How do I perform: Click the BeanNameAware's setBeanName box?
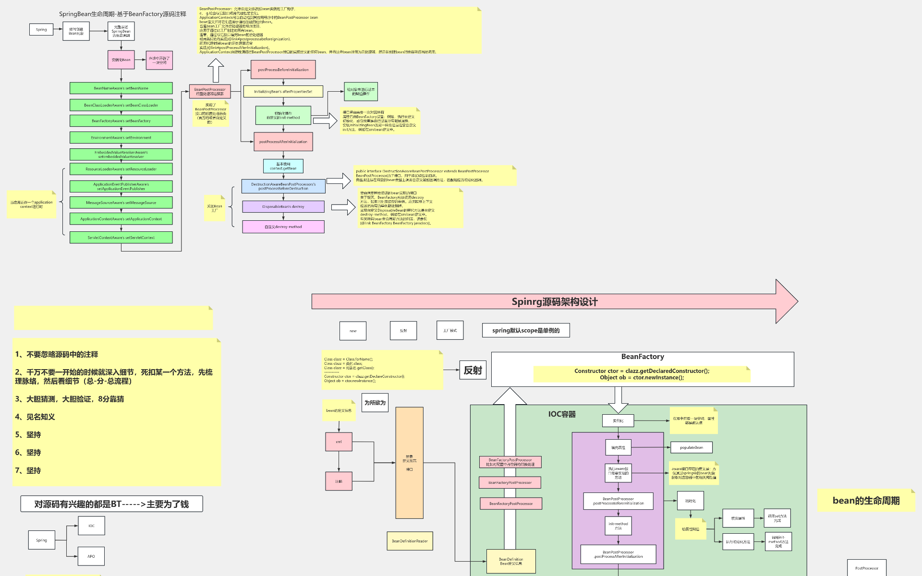point(121,88)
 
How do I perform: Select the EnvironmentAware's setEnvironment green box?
point(121,138)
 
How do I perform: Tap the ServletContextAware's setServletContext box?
point(121,238)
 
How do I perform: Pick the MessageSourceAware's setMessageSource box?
point(121,203)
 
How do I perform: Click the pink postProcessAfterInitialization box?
point(283,142)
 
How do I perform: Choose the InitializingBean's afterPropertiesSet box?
point(283,92)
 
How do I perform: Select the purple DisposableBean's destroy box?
point(283,207)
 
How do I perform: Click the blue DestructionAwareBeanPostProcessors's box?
point(283,186)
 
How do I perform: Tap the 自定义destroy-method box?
point(283,227)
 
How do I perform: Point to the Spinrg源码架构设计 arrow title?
point(554,302)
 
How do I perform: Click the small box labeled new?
point(353,331)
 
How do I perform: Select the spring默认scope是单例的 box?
point(526,330)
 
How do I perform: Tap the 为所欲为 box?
point(375,403)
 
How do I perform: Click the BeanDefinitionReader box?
point(410,541)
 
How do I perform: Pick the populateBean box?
point(691,447)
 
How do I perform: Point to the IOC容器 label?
point(562,414)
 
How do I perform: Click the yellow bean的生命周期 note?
point(866,501)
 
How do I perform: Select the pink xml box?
point(339,442)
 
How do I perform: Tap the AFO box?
point(91,556)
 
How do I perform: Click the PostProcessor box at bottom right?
point(867,568)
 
